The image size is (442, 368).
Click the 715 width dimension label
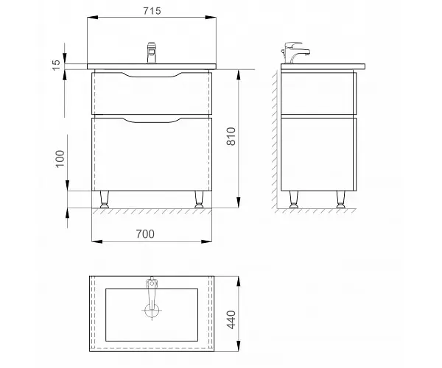click(x=152, y=11)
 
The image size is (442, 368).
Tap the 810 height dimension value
click(x=231, y=136)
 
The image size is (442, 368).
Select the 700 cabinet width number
click(x=145, y=234)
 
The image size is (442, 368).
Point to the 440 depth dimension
click(x=231, y=319)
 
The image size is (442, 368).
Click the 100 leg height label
click(x=60, y=158)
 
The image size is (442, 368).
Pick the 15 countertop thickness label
click(x=57, y=65)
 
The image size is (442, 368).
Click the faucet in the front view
click(x=151, y=53)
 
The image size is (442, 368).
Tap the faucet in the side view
click(x=295, y=53)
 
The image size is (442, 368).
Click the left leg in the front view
click(x=104, y=199)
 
